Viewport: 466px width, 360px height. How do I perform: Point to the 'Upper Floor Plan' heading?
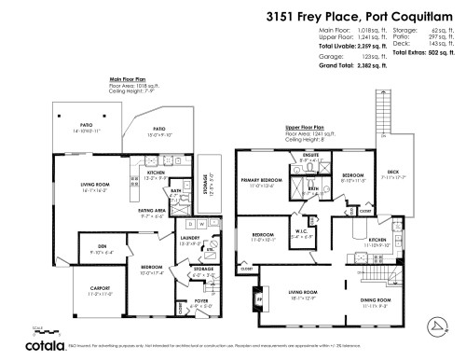click(306, 128)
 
